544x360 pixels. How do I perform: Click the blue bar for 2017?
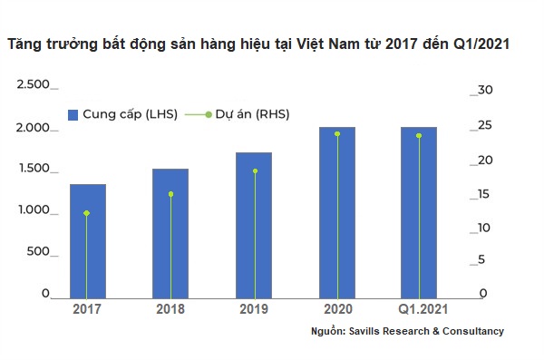(88, 241)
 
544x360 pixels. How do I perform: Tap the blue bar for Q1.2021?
(418, 212)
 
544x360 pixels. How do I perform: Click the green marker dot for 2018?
(170, 194)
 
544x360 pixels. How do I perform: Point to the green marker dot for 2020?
(337, 134)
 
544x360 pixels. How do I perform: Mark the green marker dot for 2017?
(87, 213)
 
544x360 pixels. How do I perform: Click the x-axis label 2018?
(170, 309)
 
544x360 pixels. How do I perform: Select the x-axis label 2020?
(337, 309)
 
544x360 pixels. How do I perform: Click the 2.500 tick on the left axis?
(34, 84)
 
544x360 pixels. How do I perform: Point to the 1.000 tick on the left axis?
(34, 210)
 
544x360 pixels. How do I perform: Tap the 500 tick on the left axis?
(38, 252)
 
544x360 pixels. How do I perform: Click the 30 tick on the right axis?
(484, 89)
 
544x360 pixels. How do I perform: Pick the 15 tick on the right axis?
(484, 193)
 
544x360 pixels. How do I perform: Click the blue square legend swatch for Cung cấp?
(74, 114)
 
